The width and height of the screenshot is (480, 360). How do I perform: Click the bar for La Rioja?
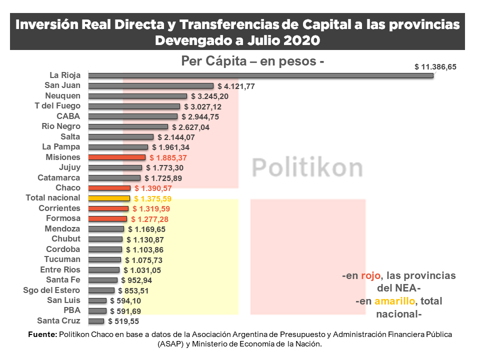pyautogui.click(x=260, y=75)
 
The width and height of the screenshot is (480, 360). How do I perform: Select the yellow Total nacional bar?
pyautogui.click(x=109, y=198)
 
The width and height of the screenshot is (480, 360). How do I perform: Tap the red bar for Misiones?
pyautogui.click(x=116, y=157)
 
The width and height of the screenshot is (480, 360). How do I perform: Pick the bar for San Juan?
pyautogui.click(x=150, y=85)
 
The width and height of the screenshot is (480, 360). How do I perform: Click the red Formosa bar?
pyautogui.click(x=107, y=218)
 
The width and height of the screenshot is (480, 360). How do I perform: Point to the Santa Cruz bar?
pyautogui.click(x=96, y=321)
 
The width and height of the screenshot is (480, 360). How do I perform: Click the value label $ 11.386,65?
pyautogui.click(x=435, y=66)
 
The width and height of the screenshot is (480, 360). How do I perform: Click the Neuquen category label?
pyautogui.click(x=62, y=95)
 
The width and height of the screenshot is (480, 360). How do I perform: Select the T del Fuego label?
pyautogui.click(x=57, y=106)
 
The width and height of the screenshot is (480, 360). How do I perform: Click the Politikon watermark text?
pyautogui.click(x=307, y=167)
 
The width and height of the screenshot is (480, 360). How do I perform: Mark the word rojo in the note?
pyautogui.click(x=370, y=275)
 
